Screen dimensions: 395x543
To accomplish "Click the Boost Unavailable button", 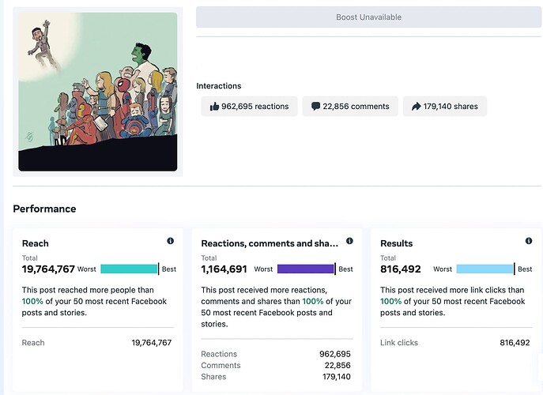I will pos(368,17).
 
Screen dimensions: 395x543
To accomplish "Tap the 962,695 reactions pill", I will pos(248,107).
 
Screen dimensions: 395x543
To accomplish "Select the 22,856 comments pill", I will pos(349,107).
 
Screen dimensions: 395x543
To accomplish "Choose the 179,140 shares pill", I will pos(444,107).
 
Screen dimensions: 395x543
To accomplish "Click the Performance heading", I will pos(44,209).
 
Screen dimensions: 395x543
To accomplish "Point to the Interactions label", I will pos(219,86).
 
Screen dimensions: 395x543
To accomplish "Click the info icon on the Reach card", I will pos(170,241).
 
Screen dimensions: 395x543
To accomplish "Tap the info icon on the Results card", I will pos(529,241).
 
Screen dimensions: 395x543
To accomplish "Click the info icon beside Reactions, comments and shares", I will pos(349,241).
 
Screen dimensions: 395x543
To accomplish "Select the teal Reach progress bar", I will pos(130,269).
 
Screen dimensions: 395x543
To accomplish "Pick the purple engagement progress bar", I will pos(306,269).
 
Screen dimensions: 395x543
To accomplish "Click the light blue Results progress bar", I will pos(485,269).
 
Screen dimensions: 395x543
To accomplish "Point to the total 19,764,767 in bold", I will pos(48,269).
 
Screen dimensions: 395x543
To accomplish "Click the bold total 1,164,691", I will pos(224,269).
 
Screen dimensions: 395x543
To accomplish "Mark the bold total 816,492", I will pos(401,269).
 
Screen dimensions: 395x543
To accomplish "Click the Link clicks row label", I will pos(399,343).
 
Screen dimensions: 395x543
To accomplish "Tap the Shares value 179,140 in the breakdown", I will pos(334,377).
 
